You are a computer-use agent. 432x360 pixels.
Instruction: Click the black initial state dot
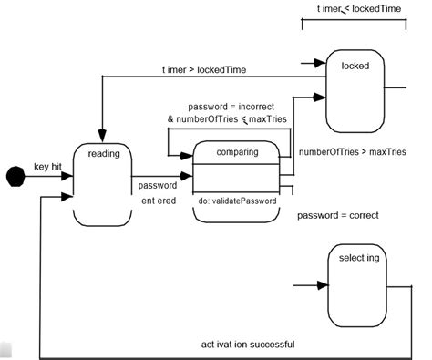point(13,175)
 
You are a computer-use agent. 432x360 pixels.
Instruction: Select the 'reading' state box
point(103,183)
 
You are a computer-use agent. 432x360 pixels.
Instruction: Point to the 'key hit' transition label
point(48,168)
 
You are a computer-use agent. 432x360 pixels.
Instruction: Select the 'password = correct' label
point(338,216)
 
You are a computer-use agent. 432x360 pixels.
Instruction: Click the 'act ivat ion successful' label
point(247,345)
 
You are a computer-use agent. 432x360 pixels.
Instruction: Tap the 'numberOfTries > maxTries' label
point(352,151)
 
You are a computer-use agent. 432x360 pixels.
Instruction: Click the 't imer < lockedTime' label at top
point(358,9)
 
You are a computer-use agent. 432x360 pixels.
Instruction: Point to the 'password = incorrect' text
point(230,106)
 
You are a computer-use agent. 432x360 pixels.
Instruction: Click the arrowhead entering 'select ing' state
point(321,285)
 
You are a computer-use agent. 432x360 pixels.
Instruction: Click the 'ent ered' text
point(157,201)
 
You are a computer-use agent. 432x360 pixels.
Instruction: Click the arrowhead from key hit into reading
point(69,176)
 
